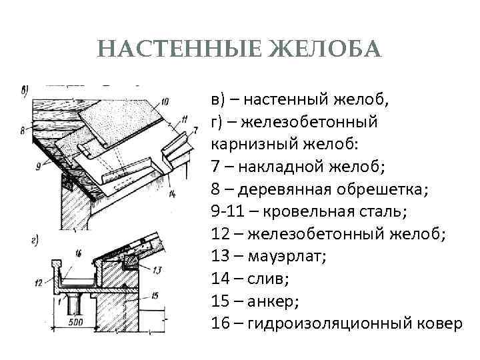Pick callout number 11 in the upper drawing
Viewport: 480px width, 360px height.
[x=184, y=120]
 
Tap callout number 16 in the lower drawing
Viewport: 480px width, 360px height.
[x=77, y=253]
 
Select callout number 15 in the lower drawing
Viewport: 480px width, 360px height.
[x=157, y=295]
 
